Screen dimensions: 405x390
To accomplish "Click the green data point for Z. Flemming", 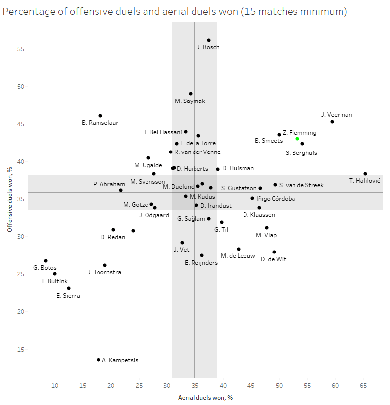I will (x=297, y=139).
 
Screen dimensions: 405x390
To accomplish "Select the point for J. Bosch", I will (x=209, y=40).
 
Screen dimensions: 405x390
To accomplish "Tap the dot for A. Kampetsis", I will (x=98, y=360).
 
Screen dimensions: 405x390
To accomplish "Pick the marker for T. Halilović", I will (x=365, y=174).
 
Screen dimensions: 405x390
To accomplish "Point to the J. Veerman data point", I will (x=332, y=122).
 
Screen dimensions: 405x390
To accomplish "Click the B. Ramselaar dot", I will (x=100, y=116).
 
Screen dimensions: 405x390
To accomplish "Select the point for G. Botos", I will (x=46, y=261).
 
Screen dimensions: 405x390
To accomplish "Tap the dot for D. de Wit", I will (x=274, y=252).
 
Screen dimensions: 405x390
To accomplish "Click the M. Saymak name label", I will (x=190, y=101).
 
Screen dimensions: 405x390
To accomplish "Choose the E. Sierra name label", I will (x=68, y=296).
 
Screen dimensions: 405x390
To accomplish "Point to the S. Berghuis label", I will (x=301, y=153).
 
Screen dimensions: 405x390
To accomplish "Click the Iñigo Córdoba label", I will (x=276, y=199).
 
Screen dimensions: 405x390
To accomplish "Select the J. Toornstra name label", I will (x=104, y=272).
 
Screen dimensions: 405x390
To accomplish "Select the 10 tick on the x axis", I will (x=55, y=385).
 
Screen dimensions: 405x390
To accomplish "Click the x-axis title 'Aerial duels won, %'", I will (x=205, y=398).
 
